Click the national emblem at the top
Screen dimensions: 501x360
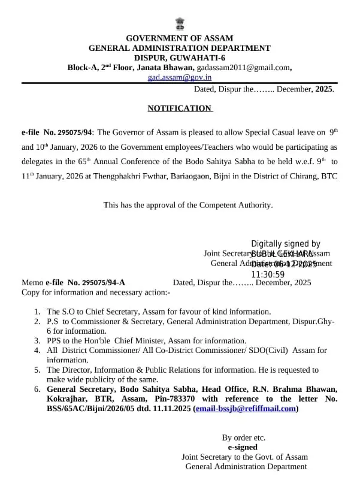(180, 23)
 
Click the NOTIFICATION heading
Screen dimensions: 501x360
(180, 108)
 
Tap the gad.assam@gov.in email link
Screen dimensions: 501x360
(179, 77)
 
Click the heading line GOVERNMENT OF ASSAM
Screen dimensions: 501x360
(180, 38)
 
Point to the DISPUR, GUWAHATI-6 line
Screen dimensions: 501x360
(180, 58)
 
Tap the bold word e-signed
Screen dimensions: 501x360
(243, 447)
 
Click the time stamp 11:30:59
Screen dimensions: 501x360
(268, 274)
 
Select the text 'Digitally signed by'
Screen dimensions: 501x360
(286, 244)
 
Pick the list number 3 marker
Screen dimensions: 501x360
(37, 340)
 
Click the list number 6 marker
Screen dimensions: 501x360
(37, 389)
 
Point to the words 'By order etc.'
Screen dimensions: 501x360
(243, 437)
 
